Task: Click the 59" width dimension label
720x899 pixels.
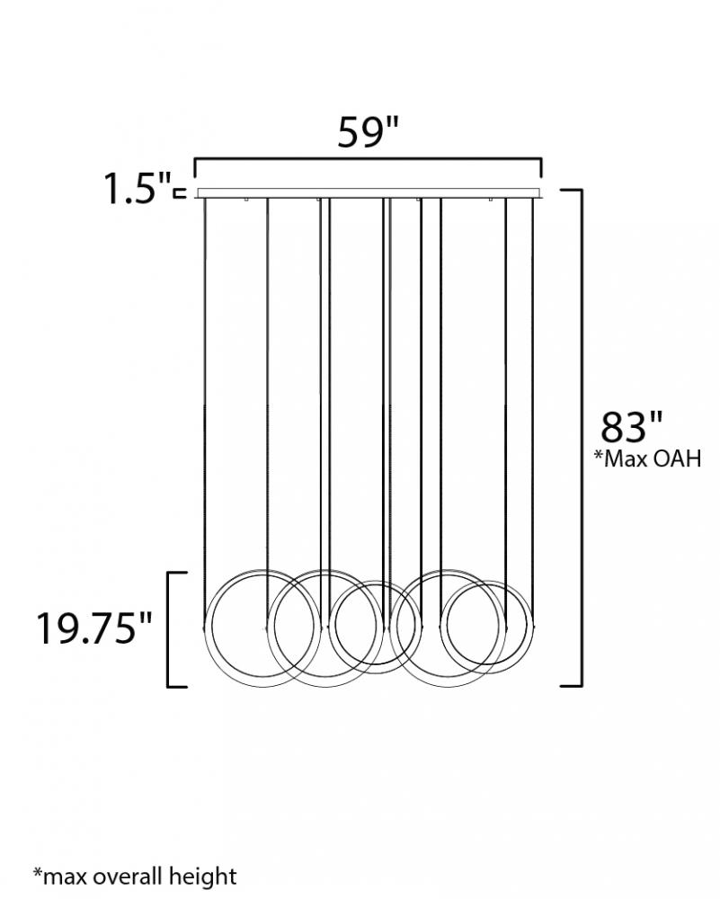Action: [x=368, y=132]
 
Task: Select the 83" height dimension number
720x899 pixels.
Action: [x=631, y=426]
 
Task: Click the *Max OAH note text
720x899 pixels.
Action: [x=647, y=458]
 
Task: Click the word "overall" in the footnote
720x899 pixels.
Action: [x=129, y=876]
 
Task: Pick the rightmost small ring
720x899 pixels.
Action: [x=447, y=628]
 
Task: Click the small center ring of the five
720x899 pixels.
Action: [x=329, y=628]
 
